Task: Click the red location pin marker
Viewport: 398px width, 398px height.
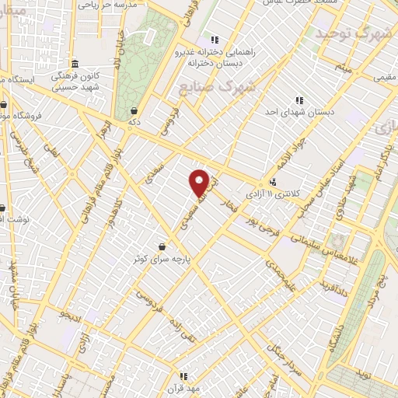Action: (x=200, y=182)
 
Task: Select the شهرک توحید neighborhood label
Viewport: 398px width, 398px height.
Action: (x=347, y=33)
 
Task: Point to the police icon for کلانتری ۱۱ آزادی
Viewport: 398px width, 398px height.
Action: (x=272, y=183)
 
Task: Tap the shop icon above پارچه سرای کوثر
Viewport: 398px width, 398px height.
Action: (x=162, y=246)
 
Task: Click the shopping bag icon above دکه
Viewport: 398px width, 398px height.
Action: (x=134, y=110)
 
